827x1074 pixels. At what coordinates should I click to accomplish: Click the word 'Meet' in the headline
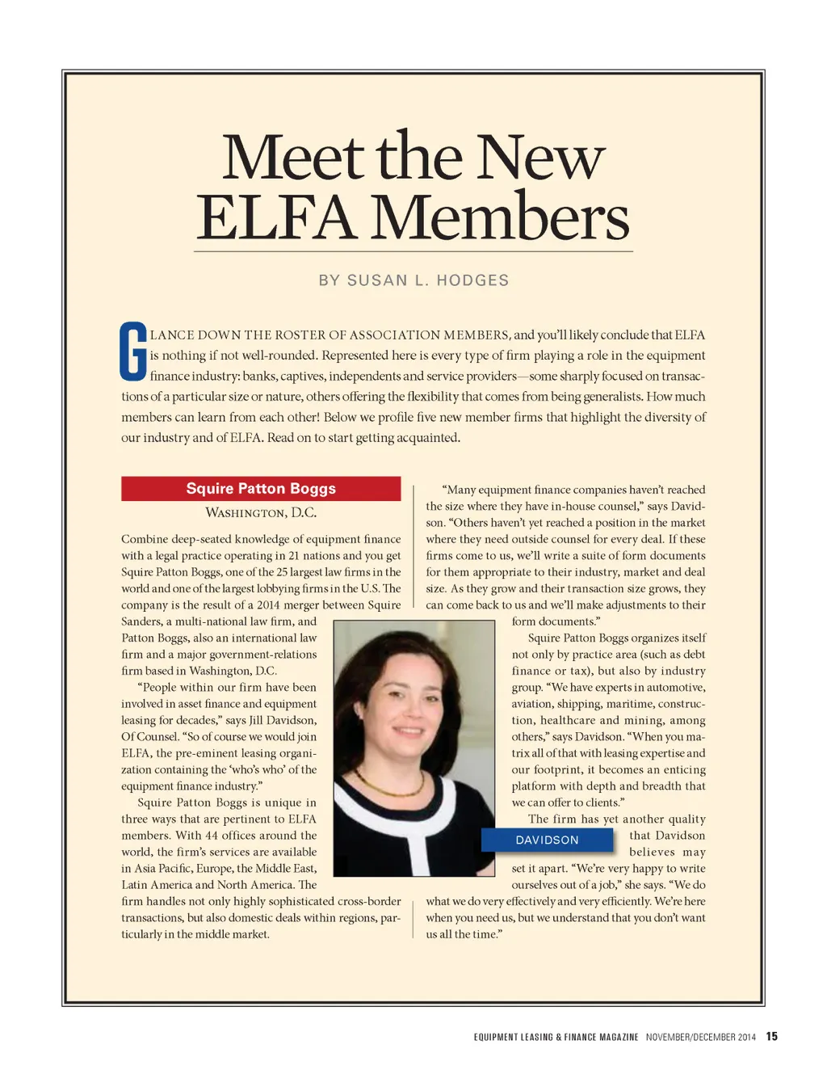click(x=292, y=157)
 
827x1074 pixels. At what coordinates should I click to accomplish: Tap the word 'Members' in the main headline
click(x=500, y=218)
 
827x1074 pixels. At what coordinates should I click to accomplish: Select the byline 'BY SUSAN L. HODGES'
click(x=413, y=280)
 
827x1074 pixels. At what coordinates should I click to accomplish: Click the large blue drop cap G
click(x=133, y=352)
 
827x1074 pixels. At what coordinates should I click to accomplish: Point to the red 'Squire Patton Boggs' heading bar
click(x=261, y=488)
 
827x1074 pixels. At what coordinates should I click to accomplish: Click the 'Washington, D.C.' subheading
click(x=261, y=512)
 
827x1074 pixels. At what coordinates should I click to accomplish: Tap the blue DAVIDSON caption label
click(x=547, y=840)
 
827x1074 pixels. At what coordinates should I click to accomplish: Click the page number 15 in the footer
click(x=772, y=1037)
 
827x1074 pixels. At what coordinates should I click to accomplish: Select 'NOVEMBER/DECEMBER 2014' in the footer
click(x=700, y=1038)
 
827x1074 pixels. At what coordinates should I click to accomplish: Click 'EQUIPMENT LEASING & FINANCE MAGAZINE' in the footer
click(x=556, y=1038)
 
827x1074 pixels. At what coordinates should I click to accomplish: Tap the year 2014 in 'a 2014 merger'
click(x=268, y=604)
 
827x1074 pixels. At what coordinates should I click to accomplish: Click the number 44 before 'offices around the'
click(x=212, y=836)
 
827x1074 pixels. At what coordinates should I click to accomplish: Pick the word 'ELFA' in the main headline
click(x=276, y=218)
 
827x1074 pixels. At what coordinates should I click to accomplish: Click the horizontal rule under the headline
click(x=413, y=251)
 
